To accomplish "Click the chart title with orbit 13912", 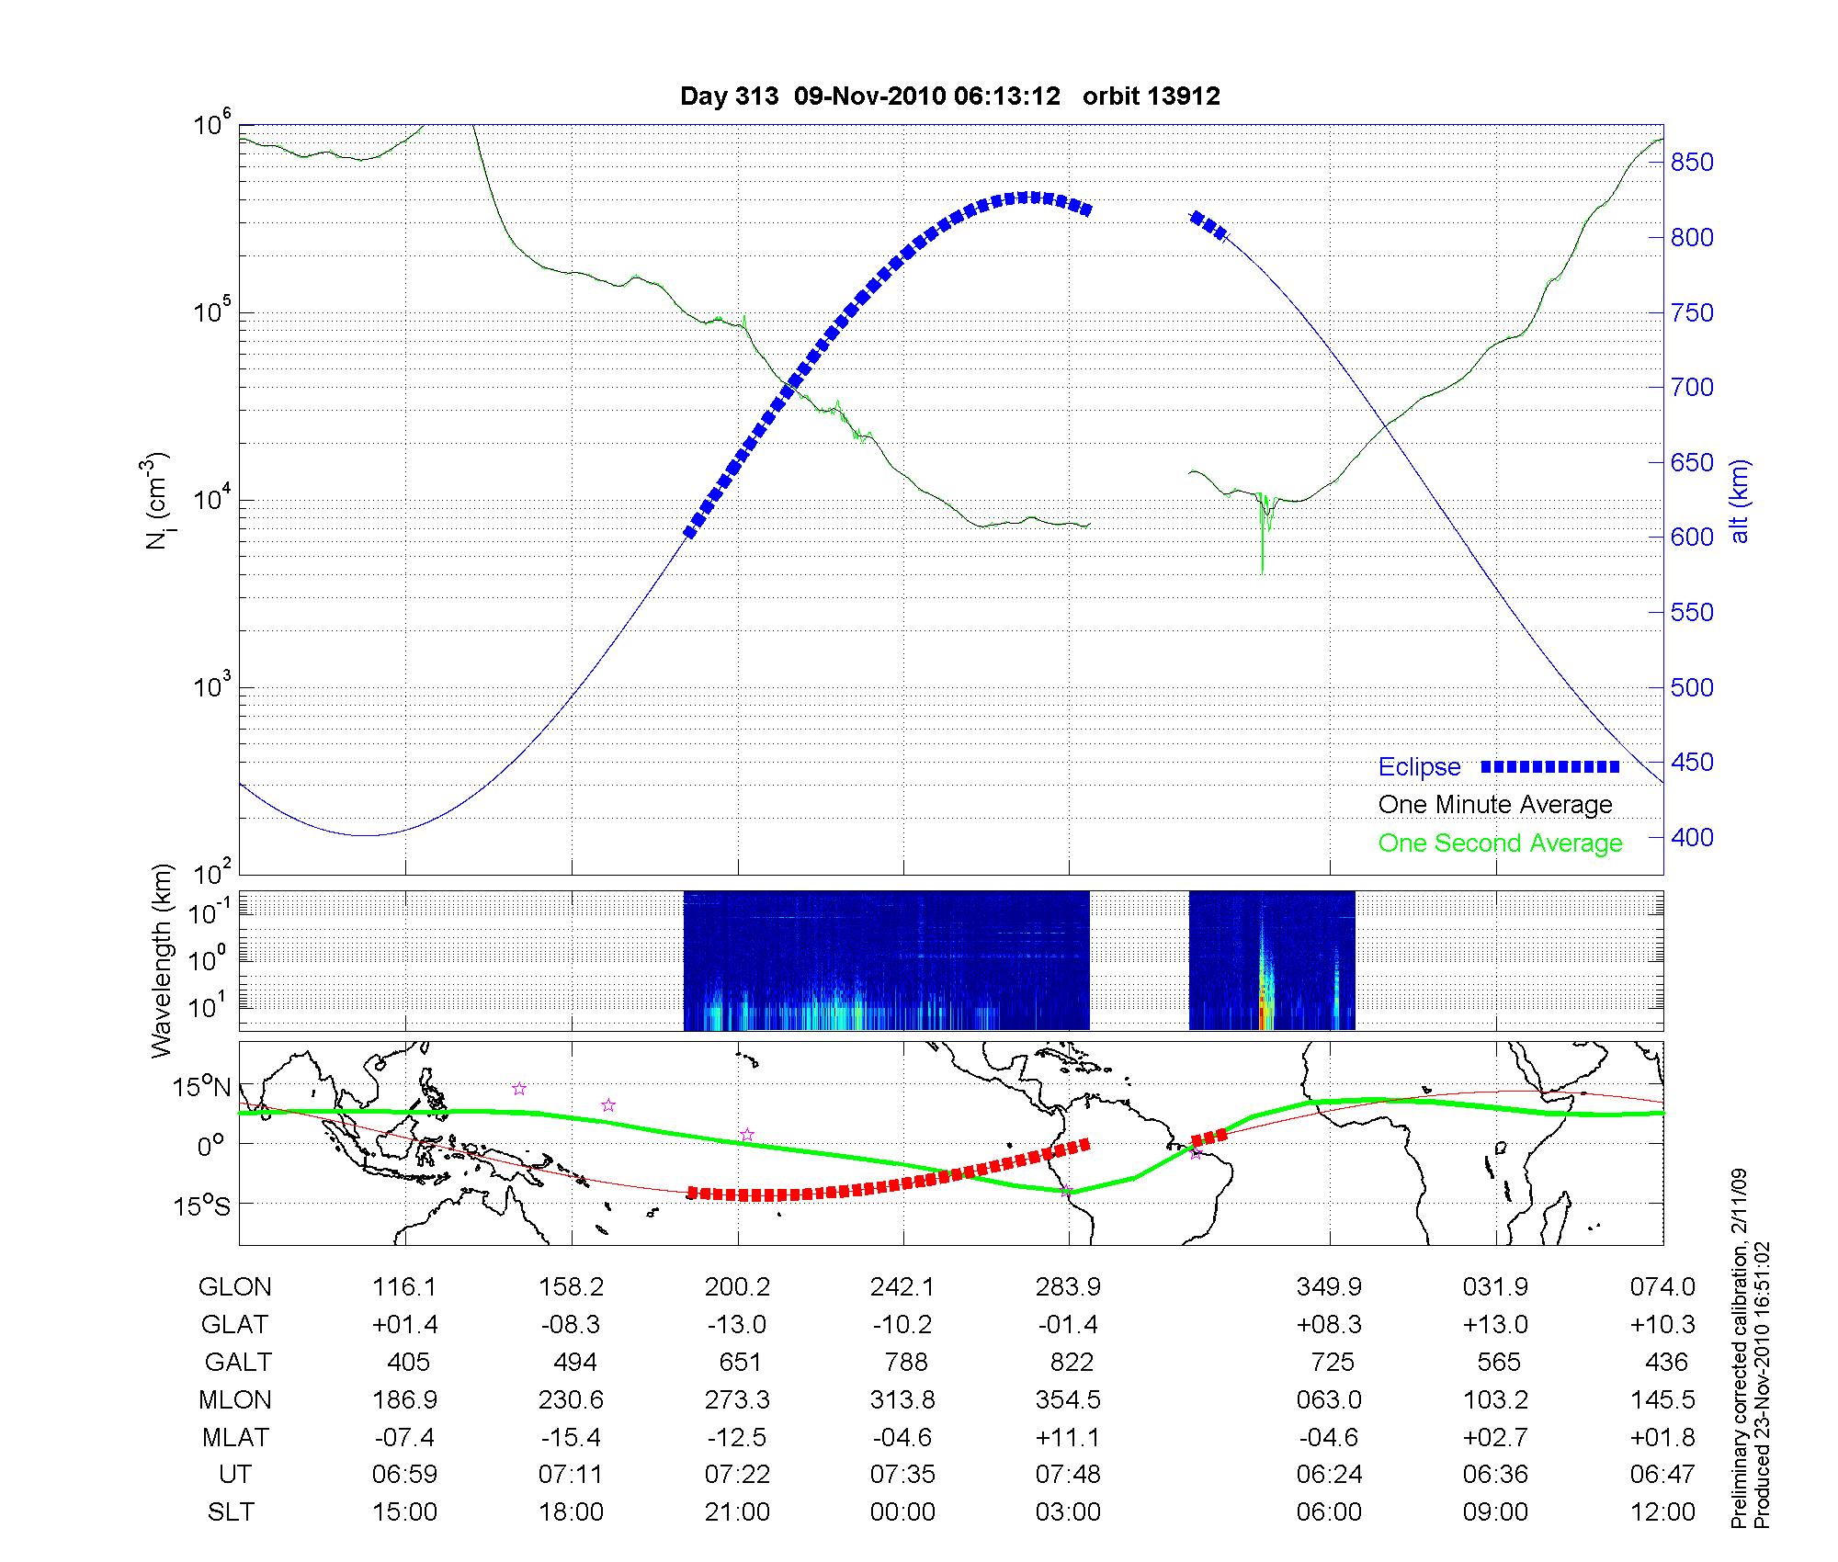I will (x=949, y=96).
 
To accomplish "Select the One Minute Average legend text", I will (x=1495, y=805).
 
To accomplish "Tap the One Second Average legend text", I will (x=1500, y=843).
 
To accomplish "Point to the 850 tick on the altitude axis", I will (x=1692, y=163).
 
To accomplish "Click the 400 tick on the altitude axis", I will (x=1692, y=838).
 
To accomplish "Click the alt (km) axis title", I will (x=1741, y=501).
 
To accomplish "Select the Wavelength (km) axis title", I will (x=163, y=961).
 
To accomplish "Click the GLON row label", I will (x=234, y=1287).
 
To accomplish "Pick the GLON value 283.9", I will (x=1068, y=1287).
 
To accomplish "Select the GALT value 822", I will (x=1071, y=1362).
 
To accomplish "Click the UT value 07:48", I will (x=1068, y=1475).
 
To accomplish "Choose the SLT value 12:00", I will (x=1662, y=1512).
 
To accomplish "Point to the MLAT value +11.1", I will (x=1068, y=1437).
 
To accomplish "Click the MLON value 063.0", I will (x=1329, y=1400).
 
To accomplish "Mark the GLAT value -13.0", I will (x=737, y=1325).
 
